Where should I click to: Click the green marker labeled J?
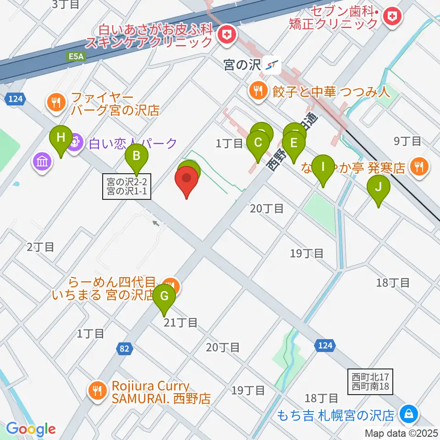point(379,188)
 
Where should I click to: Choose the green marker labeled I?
point(323,168)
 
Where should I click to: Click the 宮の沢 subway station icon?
point(273,66)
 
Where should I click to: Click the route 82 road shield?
point(124,349)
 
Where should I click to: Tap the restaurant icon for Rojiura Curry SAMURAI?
point(97,391)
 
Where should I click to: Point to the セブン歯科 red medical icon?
point(393,18)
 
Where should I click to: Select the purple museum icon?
point(42,161)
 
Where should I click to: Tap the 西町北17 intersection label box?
point(370,381)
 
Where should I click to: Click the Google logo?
point(31,429)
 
